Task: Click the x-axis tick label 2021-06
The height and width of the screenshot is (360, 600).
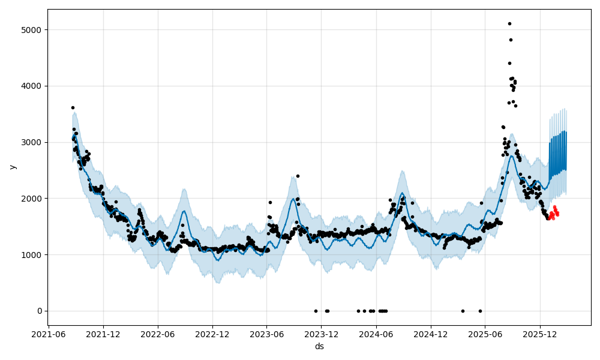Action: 49,334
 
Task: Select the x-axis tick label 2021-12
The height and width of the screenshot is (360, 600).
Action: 103,334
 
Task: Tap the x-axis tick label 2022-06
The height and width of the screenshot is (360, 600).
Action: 158,334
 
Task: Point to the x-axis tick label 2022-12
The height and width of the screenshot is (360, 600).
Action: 212,334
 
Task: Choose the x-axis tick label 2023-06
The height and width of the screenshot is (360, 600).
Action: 267,334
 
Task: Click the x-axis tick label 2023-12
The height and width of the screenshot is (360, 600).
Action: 322,334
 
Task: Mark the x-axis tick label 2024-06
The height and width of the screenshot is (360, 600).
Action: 376,334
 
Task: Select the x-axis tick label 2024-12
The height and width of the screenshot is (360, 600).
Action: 431,334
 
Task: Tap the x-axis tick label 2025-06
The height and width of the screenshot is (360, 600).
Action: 485,334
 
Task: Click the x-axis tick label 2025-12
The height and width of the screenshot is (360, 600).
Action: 540,334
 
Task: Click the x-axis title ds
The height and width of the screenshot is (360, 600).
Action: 319,346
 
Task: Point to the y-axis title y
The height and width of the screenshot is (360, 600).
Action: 12,167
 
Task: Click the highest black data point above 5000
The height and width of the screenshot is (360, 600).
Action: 509,23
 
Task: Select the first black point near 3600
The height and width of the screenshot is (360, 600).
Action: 73,107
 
